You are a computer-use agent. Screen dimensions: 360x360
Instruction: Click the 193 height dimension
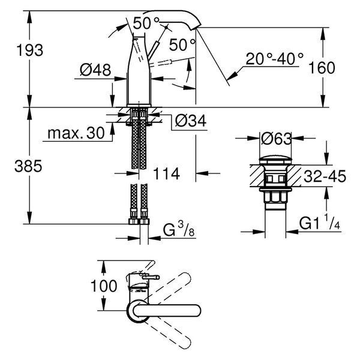tap(30, 50)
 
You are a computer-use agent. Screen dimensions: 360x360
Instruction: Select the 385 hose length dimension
tap(28, 166)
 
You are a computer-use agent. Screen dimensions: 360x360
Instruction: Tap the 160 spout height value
tap(322, 68)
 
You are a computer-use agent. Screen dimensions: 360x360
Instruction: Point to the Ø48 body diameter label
tap(95, 70)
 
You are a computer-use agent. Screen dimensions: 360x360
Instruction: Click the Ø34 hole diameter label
tap(191, 121)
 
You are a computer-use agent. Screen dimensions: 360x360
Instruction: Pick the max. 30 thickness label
tap(76, 133)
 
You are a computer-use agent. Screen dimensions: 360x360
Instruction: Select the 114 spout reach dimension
tap(166, 173)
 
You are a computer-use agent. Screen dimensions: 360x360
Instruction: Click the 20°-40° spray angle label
tap(275, 59)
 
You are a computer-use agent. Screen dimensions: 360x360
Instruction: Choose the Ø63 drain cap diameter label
tap(277, 139)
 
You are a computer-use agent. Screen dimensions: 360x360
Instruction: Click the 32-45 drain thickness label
tap(325, 176)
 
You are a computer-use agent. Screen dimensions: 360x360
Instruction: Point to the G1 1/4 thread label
tap(319, 222)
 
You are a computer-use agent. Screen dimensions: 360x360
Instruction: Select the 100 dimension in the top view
tap(104, 286)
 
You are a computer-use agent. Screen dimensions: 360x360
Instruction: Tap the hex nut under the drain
tap(275, 197)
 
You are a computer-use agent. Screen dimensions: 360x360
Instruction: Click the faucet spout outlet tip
tap(197, 28)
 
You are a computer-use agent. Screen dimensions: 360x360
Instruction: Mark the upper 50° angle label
tap(146, 23)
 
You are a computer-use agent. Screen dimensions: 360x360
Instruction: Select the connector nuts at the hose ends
tap(139, 221)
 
